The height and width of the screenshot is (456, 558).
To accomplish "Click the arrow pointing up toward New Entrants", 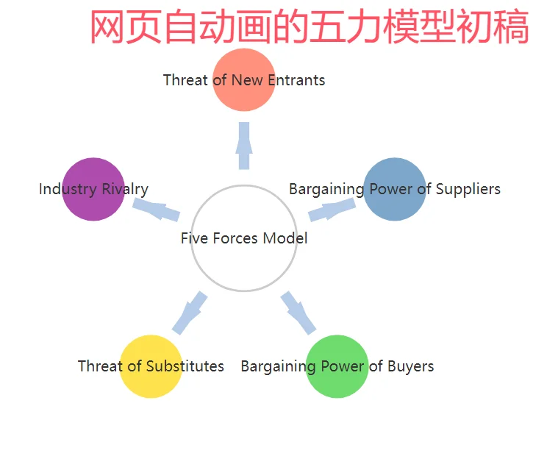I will (244, 145).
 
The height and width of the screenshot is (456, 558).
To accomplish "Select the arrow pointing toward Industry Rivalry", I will (156, 209).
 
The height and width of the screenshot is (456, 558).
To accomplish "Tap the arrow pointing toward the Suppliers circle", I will (332, 209).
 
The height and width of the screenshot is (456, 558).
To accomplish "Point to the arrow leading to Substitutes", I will (189, 313).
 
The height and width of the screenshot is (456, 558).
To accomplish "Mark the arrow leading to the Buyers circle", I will (298, 313).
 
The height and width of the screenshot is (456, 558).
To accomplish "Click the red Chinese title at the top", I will (310, 28).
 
